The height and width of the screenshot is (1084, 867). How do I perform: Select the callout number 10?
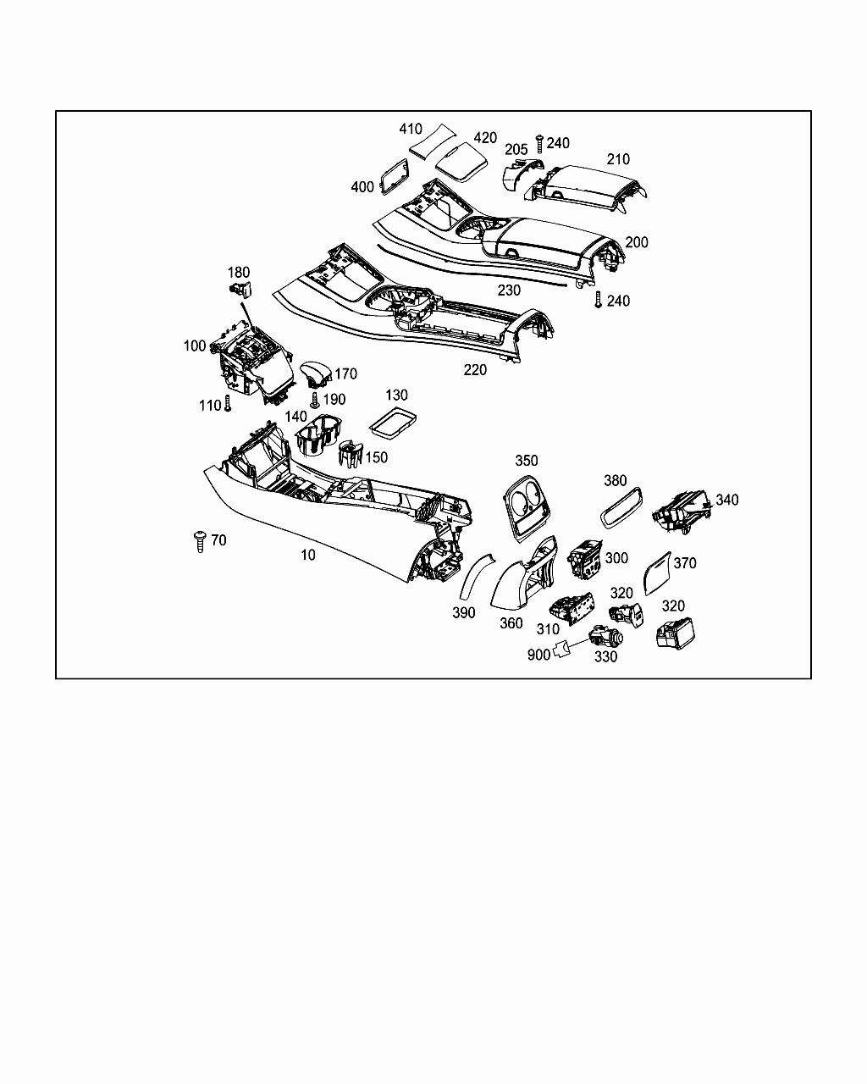(308, 555)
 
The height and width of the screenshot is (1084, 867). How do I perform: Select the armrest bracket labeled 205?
(518, 174)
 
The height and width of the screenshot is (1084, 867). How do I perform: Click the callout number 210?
(618, 159)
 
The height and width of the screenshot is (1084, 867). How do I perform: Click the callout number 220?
(475, 370)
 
